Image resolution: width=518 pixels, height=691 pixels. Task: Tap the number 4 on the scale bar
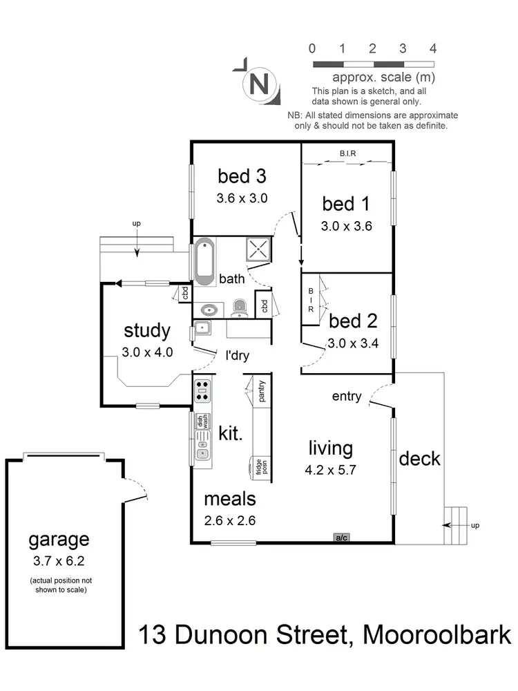432,48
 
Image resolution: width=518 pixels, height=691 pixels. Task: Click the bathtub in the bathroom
204,262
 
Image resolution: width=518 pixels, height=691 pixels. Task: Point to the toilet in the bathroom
240,307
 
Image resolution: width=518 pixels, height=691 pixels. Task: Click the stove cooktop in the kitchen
202,390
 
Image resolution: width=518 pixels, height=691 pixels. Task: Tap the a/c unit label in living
340,537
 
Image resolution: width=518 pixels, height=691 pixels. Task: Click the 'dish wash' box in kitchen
202,420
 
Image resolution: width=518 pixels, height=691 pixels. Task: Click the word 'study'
146,330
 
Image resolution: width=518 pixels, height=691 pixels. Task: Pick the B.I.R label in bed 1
347,154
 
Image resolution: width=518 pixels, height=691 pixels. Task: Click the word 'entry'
347,396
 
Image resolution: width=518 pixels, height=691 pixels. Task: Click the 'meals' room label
230,498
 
